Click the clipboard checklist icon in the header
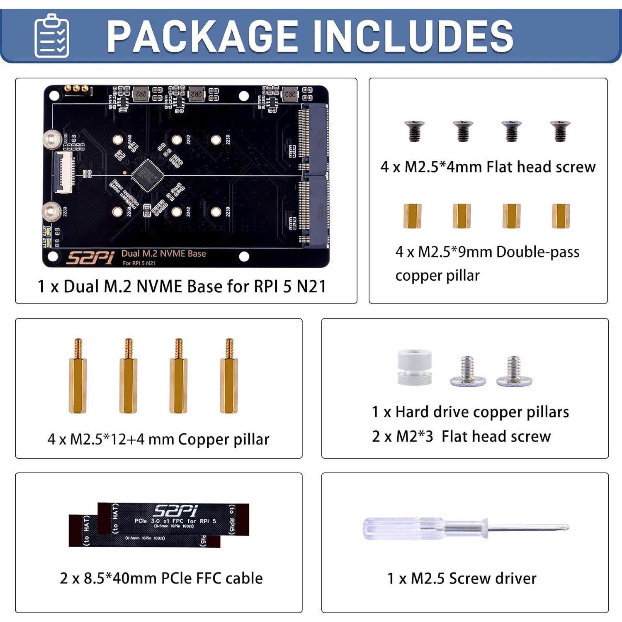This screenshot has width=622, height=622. click(52, 36)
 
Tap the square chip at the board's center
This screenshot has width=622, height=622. click(147, 175)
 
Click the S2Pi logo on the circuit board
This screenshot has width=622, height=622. click(90, 258)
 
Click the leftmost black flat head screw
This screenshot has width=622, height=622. click(414, 131)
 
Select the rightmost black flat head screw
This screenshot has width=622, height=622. click(560, 131)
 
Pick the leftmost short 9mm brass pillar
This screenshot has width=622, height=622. click(412, 216)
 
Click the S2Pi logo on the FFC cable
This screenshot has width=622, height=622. click(175, 511)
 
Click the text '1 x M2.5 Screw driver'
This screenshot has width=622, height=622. click(462, 578)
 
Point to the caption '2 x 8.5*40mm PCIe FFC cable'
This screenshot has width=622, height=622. click(161, 578)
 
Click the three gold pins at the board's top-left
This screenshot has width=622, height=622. click(76, 88)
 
